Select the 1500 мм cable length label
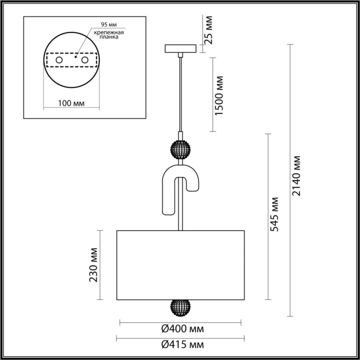point(220,95)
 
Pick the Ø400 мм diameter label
point(181,329)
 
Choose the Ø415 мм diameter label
point(180,345)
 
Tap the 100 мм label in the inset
point(71,103)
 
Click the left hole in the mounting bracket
point(59,61)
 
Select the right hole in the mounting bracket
point(93,61)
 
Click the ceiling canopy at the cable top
point(181,49)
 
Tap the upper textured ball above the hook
point(181,149)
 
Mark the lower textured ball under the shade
point(181,308)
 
